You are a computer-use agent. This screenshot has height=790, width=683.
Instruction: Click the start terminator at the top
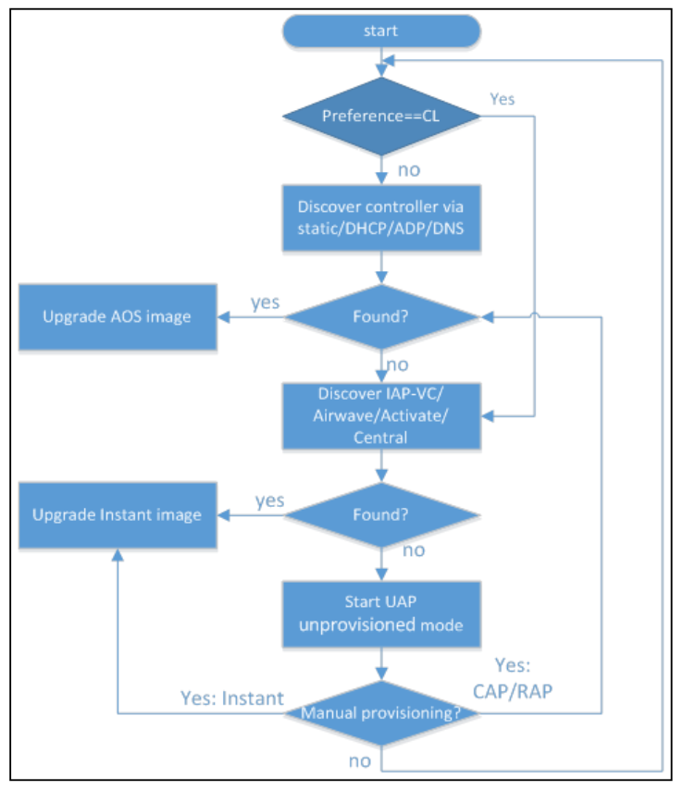tap(380, 31)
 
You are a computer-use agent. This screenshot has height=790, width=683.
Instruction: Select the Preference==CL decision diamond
tap(380, 117)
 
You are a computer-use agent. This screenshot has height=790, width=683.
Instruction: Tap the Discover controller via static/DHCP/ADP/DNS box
tap(380, 216)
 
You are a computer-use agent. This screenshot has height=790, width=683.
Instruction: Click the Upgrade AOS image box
tap(117, 316)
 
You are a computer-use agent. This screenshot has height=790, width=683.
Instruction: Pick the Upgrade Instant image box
tap(117, 514)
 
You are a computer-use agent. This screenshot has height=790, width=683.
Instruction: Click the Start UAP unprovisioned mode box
tap(380, 614)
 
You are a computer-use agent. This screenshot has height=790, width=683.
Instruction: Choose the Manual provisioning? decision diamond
tap(380, 714)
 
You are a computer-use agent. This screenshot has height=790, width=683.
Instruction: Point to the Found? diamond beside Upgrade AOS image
tap(380, 316)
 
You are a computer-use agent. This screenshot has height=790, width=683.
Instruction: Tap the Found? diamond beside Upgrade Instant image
tap(380, 514)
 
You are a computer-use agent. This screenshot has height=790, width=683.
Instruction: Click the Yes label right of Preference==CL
tap(502, 99)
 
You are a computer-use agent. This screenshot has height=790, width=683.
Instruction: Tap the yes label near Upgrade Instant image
tap(269, 500)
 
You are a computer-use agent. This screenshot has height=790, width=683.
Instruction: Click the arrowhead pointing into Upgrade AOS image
tap(223, 316)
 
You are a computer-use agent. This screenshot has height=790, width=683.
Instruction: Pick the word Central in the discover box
tap(380, 438)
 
